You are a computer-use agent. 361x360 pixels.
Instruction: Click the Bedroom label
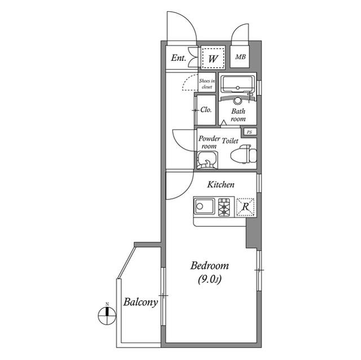point(209,266)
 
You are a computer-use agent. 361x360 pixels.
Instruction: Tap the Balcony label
point(140,302)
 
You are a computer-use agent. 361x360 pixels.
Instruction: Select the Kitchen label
point(221,184)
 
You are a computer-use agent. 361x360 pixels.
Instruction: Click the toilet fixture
point(244,154)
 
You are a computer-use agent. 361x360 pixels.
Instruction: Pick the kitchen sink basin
point(204,206)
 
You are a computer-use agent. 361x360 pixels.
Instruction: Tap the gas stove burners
point(224,207)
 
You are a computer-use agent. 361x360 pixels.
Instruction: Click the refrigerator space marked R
point(245,207)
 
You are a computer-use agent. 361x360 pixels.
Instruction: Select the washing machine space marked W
point(213,57)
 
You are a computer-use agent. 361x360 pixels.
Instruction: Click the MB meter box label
point(240,56)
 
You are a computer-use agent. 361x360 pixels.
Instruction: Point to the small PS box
point(249,132)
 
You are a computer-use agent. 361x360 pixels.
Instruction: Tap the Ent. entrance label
point(178,57)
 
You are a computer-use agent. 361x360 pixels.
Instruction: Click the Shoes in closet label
point(207,84)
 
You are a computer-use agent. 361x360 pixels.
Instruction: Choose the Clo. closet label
point(206,110)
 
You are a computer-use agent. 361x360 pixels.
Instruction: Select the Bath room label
point(238,115)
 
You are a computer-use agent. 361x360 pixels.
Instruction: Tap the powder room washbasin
point(207,160)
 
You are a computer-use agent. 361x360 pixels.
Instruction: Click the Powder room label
point(209,142)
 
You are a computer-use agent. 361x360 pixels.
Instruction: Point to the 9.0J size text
point(209,279)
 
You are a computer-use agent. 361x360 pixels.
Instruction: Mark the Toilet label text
point(230,141)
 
